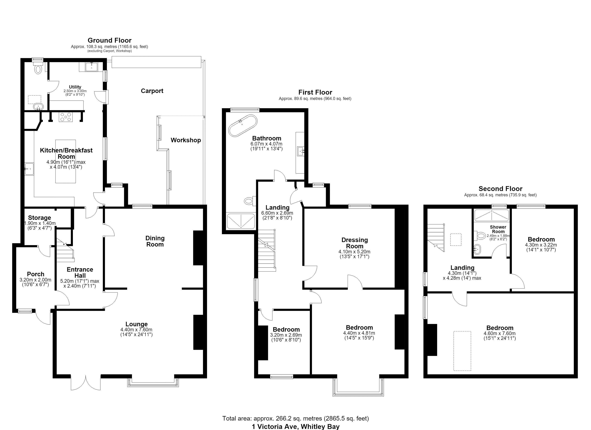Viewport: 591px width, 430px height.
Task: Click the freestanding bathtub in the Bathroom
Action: [x=243, y=125]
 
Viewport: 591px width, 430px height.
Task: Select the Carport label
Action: [x=152, y=91]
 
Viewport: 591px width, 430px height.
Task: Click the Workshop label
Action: [x=186, y=140]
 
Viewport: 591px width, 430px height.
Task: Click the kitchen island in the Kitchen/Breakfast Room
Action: [x=66, y=161]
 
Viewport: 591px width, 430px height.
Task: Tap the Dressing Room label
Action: [x=355, y=243]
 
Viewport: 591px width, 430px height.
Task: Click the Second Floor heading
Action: [x=500, y=188]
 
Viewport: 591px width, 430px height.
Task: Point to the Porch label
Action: [x=36, y=274]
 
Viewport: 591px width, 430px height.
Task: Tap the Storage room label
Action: [x=40, y=218]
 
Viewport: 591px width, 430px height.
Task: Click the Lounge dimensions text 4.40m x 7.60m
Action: [x=136, y=330]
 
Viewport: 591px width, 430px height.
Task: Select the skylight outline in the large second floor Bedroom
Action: [x=462, y=351]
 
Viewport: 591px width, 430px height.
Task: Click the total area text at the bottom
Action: [x=295, y=419]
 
